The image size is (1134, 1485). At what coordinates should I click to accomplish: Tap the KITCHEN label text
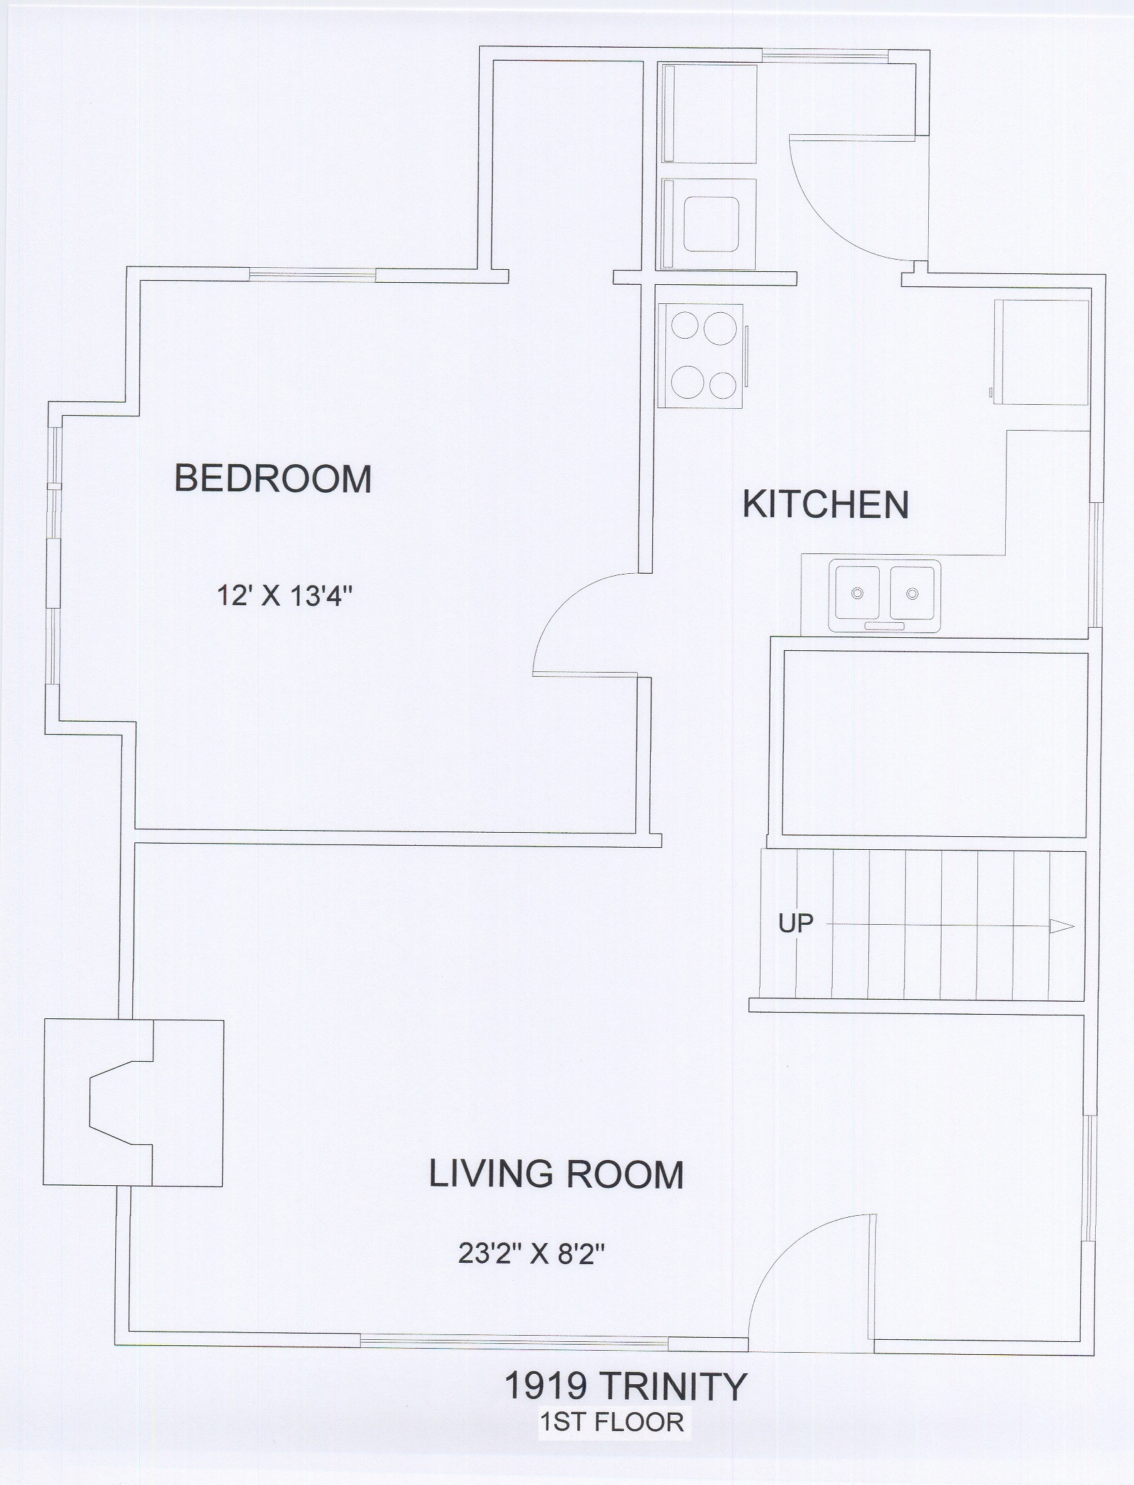click(825, 505)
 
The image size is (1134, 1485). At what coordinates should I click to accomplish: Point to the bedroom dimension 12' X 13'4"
click(283, 597)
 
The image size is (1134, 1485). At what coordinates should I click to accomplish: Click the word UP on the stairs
click(796, 925)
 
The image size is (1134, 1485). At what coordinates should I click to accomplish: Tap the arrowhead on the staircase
click(1062, 926)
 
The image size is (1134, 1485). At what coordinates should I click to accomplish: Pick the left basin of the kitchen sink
click(858, 592)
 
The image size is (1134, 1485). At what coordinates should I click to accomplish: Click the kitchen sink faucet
click(885, 626)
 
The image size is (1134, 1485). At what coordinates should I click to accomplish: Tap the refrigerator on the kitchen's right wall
click(1041, 352)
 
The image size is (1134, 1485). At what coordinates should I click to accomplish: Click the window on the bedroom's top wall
click(312, 275)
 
